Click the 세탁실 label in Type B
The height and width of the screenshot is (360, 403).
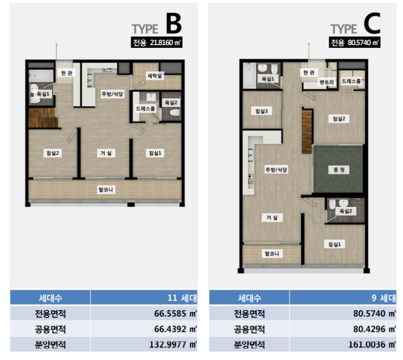155,75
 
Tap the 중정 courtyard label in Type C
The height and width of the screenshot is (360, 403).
339,170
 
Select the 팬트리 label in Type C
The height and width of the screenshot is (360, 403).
327,82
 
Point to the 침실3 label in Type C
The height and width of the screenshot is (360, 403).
261,111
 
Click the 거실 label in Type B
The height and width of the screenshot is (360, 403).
106,153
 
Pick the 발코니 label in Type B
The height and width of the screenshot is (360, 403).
106,190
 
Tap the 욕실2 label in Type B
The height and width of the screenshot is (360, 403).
171,103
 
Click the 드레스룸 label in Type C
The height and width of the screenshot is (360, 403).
351,81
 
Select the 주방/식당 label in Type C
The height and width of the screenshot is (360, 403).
276,169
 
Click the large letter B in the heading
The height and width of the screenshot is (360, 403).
174,24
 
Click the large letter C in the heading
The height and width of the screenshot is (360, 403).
372,24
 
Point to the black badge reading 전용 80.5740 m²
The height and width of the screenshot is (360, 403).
354,42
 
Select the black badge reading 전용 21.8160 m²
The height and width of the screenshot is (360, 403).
157,42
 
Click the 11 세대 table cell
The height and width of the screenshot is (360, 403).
144,298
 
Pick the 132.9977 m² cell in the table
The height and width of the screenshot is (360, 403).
144,344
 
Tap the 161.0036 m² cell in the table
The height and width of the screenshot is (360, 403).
343,344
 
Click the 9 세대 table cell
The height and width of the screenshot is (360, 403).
343,298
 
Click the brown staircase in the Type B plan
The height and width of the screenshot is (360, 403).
42,118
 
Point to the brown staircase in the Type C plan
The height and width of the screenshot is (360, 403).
307,132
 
